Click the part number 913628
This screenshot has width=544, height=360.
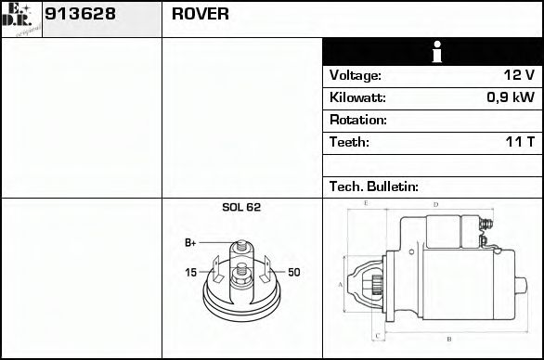pyautogui.click(x=80, y=14)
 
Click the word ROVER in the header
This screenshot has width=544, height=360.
pyautogui.click(x=201, y=14)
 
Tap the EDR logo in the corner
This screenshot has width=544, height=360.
pyautogui.click(x=20, y=19)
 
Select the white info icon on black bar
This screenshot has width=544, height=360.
pyautogui.click(x=432, y=52)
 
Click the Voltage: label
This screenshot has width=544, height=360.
pyautogui.click(x=355, y=75)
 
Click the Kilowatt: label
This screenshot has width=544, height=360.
pyautogui.click(x=357, y=97)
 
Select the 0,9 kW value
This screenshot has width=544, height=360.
pyautogui.click(x=511, y=97)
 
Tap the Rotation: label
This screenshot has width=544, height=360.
pyautogui.click(x=357, y=120)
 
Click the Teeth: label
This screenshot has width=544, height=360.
pyautogui.click(x=349, y=142)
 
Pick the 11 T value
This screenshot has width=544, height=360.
pyautogui.click(x=519, y=142)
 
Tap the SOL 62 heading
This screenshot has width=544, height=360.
pyautogui.click(x=241, y=208)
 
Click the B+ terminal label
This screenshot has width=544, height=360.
pyautogui.click(x=190, y=243)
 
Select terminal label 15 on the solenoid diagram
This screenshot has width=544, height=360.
pyautogui.click(x=190, y=273)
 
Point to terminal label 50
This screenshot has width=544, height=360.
pyautogui.click(x=293, y=273)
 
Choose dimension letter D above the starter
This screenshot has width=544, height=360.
pyautogui.click(x=435, y=203)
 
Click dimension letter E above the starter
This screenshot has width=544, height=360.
pyautogui.click(x=367, y=202)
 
